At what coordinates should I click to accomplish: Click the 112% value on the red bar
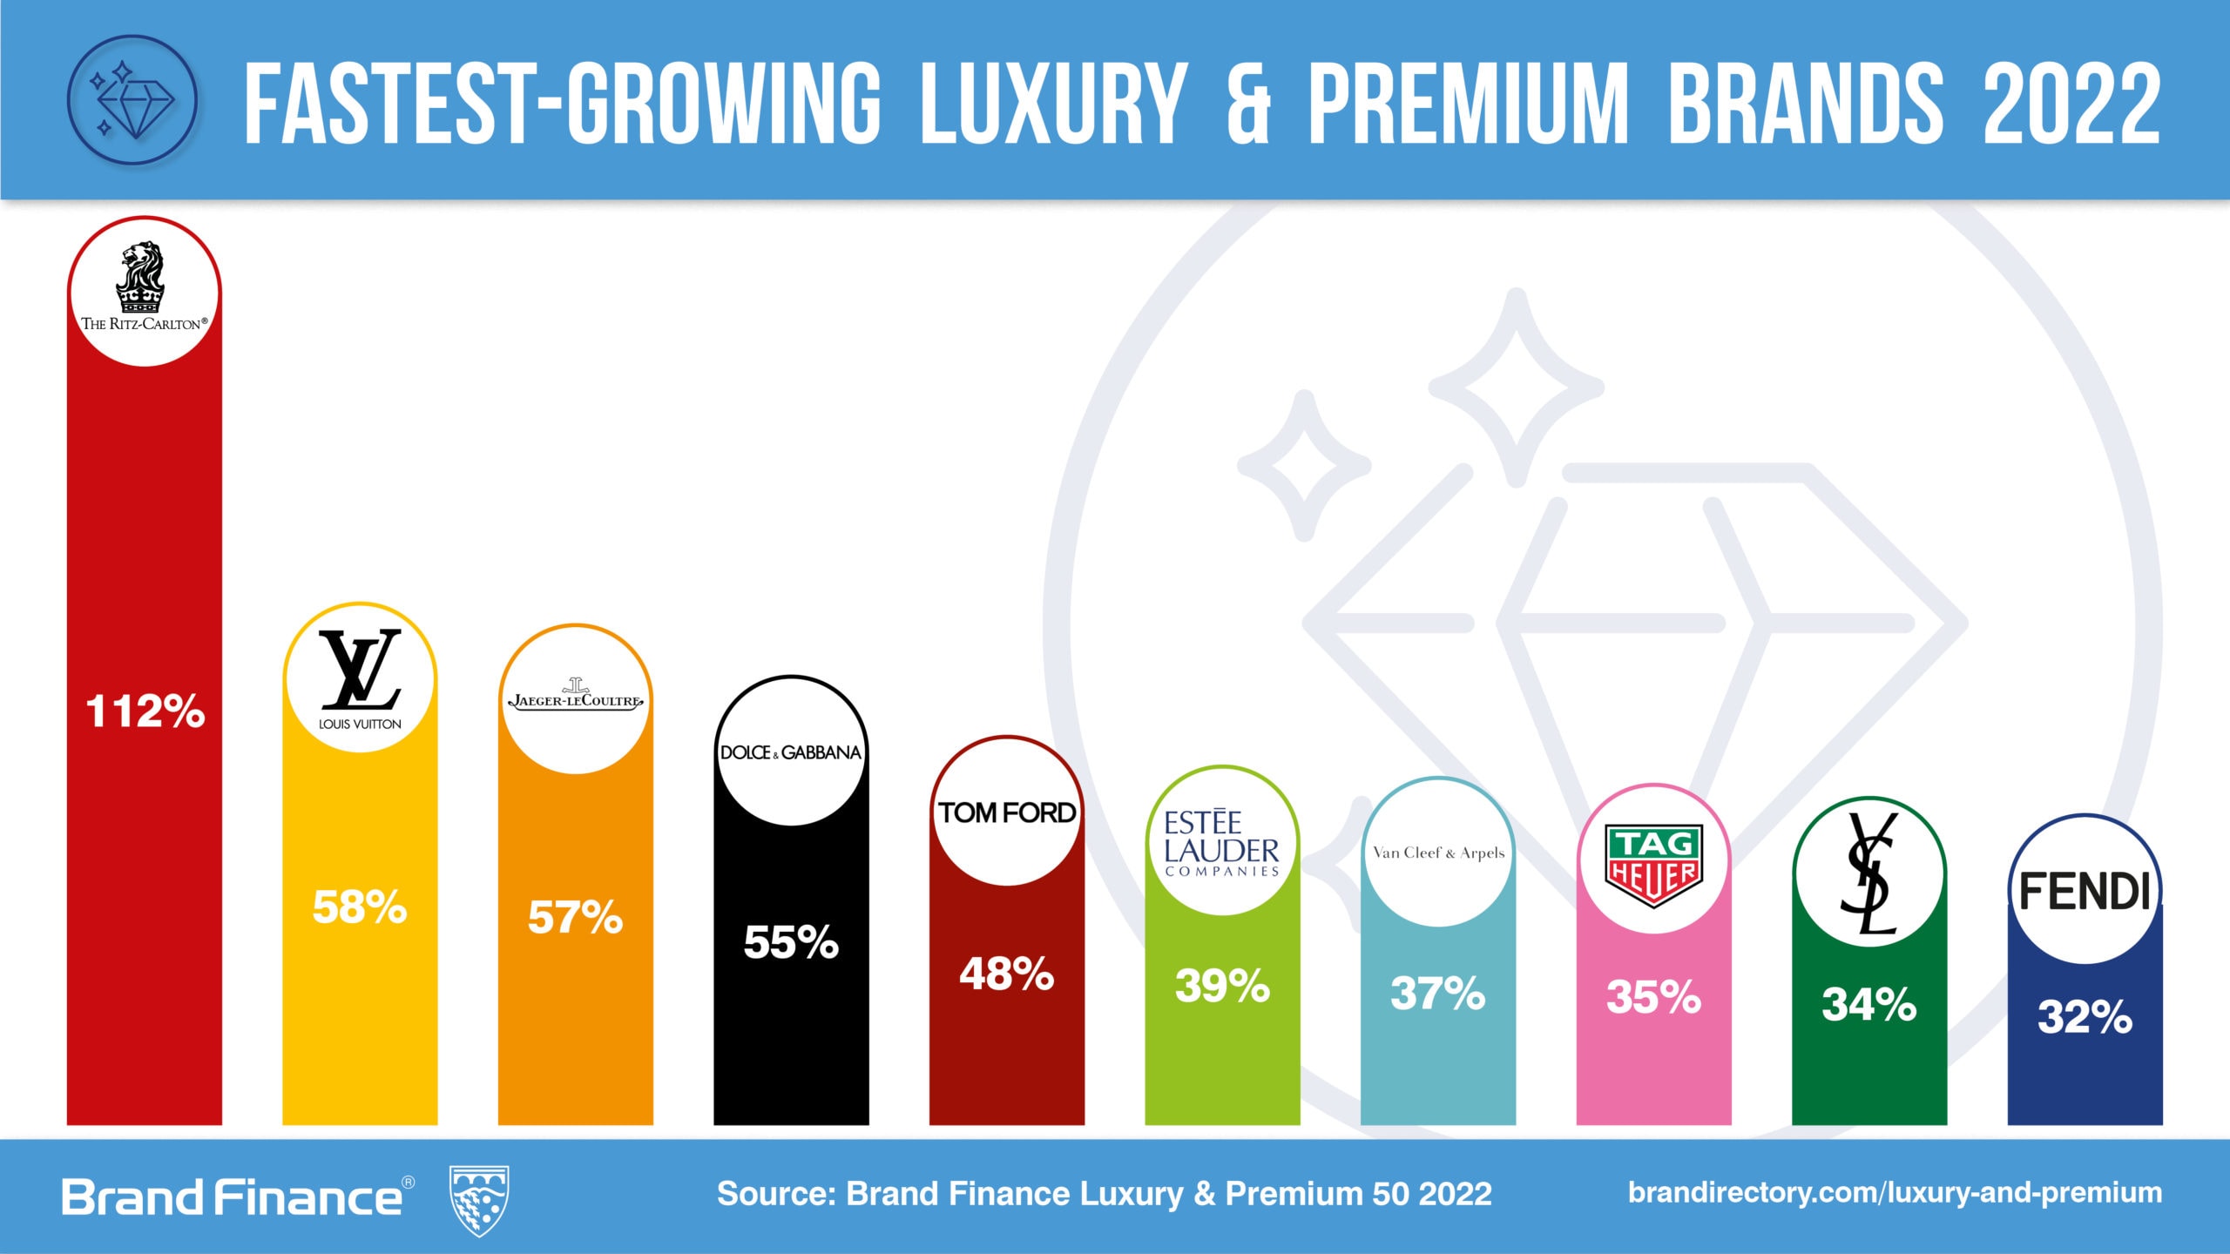[x=145, y=711]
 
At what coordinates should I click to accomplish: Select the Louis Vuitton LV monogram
[x=360, y=670]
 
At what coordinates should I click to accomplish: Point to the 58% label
[x=360, y=907]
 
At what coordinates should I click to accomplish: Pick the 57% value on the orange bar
[x=576, y=918]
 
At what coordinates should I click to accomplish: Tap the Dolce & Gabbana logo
[x=791, y=752]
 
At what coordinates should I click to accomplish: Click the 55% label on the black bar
[x=791, y=942]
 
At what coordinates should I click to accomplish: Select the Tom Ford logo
[x=1007, y=812]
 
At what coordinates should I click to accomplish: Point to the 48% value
[x=1007, y=974]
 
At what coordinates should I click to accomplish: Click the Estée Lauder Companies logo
[x=1221, y=843]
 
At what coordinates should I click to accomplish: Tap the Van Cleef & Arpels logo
[x=1438, y=853]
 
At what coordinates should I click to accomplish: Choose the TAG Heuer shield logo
[x=1653, y=866]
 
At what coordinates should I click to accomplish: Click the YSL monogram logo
[x=1869, y=873]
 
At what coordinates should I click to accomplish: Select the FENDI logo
[x=2085, y=891]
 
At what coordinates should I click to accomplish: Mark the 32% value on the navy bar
[x=2085, y=1017]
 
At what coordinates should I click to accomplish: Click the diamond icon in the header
[x=132, y=100]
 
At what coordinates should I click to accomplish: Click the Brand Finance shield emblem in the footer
[x=478, y=1201]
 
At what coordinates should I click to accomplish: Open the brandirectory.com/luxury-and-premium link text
[x=1895, y=1192]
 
